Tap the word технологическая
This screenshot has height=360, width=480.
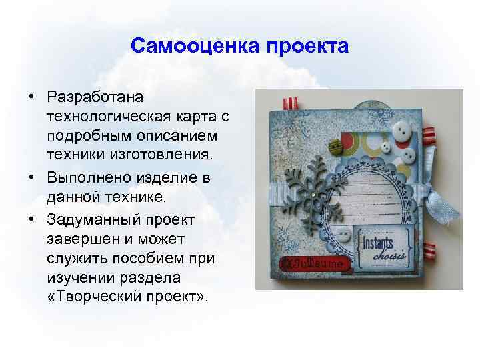click(100, 117)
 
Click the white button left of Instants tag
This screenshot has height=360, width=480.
click(344, 233)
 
